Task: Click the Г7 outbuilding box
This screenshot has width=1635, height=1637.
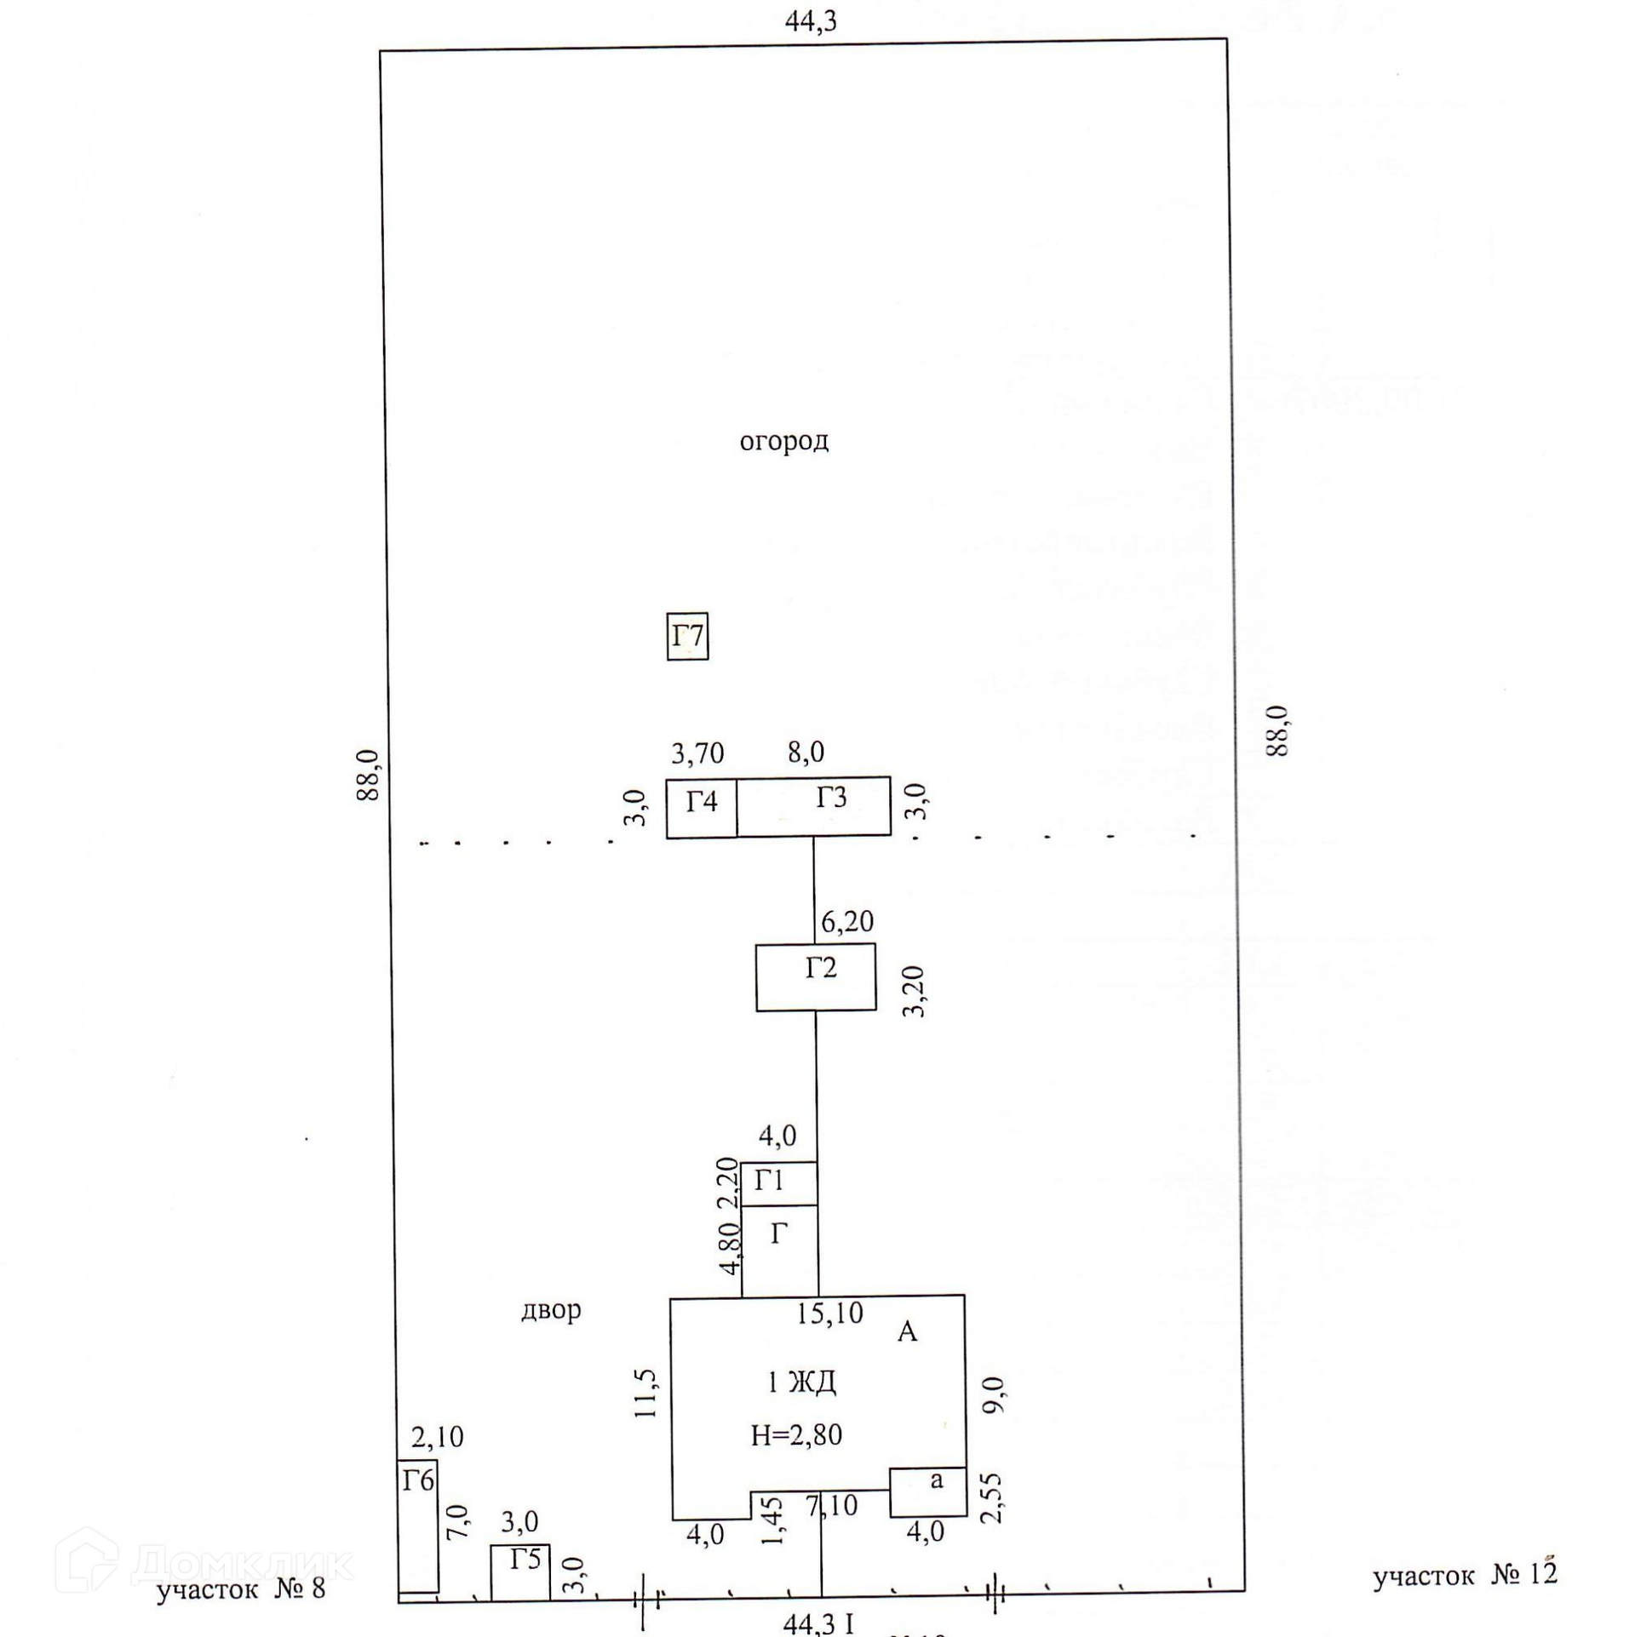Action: pos(686,636)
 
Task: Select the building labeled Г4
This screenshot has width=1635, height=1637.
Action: pos(701,806)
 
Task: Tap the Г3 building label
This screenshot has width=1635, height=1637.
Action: pos(831,798)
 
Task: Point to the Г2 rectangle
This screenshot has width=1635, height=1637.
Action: pos(816,976)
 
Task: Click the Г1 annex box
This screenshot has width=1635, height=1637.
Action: pos(778,1182)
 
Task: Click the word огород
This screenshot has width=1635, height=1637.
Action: pos(783,441)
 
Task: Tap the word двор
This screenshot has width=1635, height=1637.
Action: pos(551,1309)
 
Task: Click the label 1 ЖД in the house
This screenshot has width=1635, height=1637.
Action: pos(801,1382)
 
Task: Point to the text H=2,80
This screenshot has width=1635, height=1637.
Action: pos(796,1435)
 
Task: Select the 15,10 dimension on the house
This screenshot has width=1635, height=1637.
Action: pos(829,1314)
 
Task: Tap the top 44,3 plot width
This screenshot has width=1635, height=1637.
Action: pos(810,21)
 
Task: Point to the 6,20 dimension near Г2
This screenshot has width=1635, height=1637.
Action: pos(847,921)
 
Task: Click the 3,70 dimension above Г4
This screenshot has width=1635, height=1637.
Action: pos(697,753)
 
